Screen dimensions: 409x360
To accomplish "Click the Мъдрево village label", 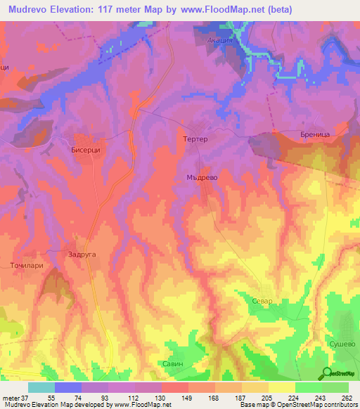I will pyautogui.click(x=205, y=178).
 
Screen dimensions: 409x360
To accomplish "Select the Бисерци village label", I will pyautogui.click(x=89, y=150).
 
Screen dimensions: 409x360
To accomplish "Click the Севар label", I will pyautogui.click(x=262, y=301).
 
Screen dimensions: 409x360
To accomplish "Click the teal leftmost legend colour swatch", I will pyautogui.click(x=41, y=387).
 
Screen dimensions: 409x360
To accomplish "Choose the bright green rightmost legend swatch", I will pyautogui.click(x=335, y=387).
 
